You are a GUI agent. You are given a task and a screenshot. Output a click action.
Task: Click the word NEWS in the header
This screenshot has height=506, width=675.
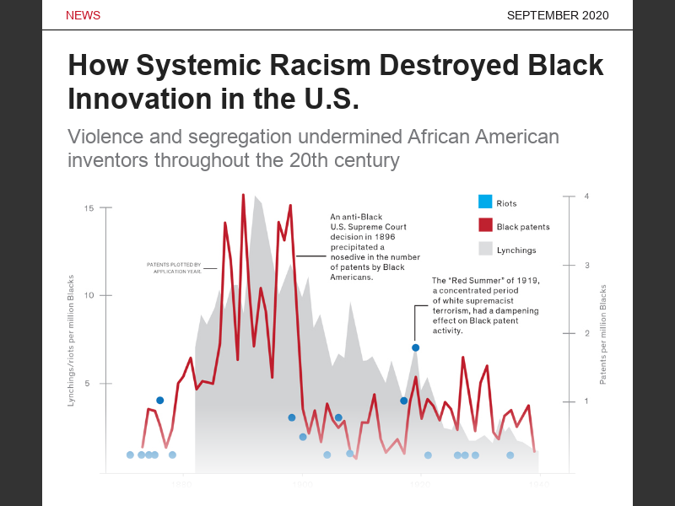point(83,16)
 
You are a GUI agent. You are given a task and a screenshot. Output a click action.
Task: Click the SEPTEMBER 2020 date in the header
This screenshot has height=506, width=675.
point(558,16)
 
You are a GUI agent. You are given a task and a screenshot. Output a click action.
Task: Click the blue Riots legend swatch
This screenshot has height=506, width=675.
point(485,202)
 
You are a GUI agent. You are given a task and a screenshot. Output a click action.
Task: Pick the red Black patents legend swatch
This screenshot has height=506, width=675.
point(485,225)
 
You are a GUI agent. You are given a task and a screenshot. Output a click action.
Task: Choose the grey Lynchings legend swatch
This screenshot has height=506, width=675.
point(485,249)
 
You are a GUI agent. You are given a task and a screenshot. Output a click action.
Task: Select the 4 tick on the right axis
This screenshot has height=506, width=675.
point(586,196)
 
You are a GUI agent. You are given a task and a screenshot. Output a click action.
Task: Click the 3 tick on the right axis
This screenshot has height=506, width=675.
point(586,265)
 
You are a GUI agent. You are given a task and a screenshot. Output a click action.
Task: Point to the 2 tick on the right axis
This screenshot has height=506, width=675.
point(586,333)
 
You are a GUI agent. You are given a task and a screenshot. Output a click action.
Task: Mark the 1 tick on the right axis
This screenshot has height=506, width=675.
point(586,401)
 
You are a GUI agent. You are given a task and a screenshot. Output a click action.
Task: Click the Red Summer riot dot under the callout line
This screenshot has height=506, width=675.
point(415,347)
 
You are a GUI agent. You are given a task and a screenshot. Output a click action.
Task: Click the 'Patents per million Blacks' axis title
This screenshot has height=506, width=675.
point(603,335)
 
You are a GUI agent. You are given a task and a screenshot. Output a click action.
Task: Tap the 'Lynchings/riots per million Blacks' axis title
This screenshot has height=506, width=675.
point(71,340)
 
